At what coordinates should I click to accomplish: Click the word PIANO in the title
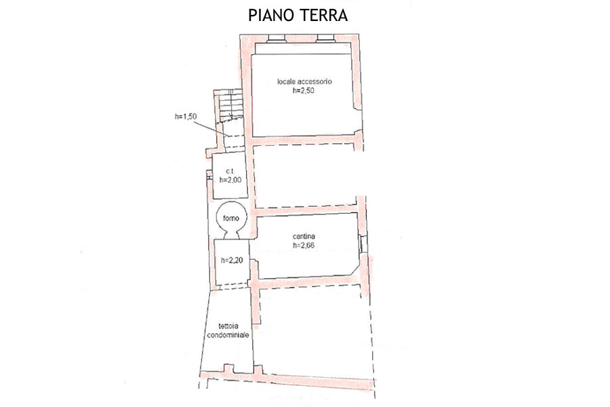click(x=272, y=15)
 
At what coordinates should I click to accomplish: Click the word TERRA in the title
click(x=324, y=15)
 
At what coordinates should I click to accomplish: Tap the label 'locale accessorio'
click(x=304, y=81)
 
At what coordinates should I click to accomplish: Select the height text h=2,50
click(x=304, y=91)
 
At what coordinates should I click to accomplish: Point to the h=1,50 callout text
click(x=186, y=116)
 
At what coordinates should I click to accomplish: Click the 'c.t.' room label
click(x=230, y=171)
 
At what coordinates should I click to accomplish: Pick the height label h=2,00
click(x=230, y=180)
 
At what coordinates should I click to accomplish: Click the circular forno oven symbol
click(x=230, y=218)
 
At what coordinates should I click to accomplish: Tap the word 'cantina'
click(x=304, y=236)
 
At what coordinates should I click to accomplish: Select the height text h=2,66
click(x=304, y=246)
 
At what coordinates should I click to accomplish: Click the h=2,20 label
click(x=232, y=260)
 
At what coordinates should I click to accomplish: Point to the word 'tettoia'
click(x=228, y=326)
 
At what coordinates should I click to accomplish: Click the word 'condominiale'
click(x=228, y=335)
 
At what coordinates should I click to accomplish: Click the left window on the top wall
click(x=277, y=38)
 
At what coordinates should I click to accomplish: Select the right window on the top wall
click(x=325, y=38)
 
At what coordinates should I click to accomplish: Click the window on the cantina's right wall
click(x=363, y=244)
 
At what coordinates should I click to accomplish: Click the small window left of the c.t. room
click(x=209, y=178)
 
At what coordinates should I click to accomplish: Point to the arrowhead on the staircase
click(x=230, y=117)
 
